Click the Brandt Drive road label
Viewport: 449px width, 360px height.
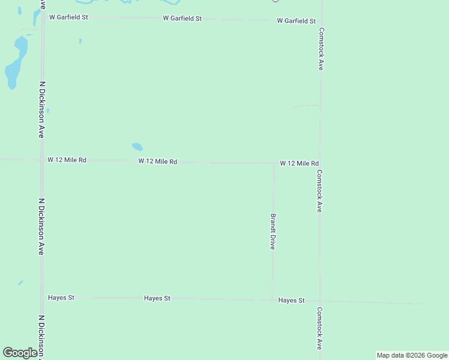tap(273, 232)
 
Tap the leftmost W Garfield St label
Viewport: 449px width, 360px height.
tap(68, 17)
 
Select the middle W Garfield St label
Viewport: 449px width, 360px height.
tap(182, 19)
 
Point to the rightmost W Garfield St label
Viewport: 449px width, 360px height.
tap(296, 21)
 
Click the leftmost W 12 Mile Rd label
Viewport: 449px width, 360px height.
tap(67, 160)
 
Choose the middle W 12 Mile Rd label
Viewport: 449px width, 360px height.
tap(157, 161)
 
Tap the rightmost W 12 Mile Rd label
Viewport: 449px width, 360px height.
tap(299, 163)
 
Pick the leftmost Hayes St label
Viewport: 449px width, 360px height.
tap(61, 298)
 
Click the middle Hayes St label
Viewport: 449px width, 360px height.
tap(157, 298)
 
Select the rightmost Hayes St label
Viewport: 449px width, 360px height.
tap(292, 300)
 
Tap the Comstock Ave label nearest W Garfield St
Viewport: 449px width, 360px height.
tap(321, 49)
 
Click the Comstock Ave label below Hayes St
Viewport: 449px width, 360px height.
tap(320, 328)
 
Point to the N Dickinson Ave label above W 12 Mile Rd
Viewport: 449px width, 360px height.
tap(41, 110)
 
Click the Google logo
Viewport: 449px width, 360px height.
tap(20, 353)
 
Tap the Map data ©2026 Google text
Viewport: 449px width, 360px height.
tap(412, 355)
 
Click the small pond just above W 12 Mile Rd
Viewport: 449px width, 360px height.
tap(137, 146)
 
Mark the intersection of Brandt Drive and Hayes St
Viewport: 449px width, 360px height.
tap(273, 299)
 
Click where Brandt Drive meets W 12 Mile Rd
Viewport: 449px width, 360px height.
tap(274, 163)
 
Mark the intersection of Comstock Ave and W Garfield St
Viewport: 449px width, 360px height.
tap(322, 20)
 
